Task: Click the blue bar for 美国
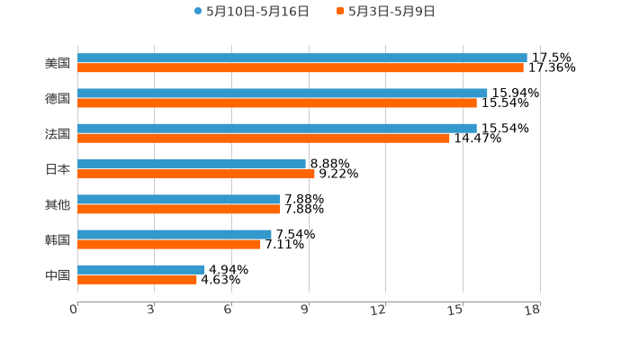pyautogui.click(x=301, y=58)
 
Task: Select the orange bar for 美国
pyautogui.click(x=300, y=68)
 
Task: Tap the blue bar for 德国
pyautogui.click(x=282, y=93)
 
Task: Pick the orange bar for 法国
pyautogui.click(x=263, y=139)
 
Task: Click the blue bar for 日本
pyautogui.click(x=192, y=164)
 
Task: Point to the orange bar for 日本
pyautogui.click(x=195, y=174)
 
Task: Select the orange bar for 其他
pyautogui.click(x=178, y=209)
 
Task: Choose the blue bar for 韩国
pyautogui.click(x=174, y=234)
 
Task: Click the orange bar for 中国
pyautogui.click(x=137, y=279)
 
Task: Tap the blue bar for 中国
pyautogui.click(x=140, y=269)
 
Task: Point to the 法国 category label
pyautogui.click(x=57, y=134)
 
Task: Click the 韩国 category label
pyautogui.click(x=57, y=239)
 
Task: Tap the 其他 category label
pyautogui.click(x=57, y=204)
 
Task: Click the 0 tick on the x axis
pyautogui.click(x=74, y=310)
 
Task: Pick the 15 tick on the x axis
pyautogui.click(x=458, y=310)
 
